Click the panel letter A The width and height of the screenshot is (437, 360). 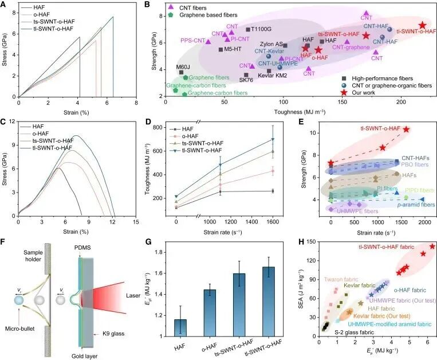point(5,5)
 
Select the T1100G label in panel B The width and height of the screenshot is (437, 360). point(259,29)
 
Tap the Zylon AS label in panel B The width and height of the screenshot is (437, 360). point(271,44)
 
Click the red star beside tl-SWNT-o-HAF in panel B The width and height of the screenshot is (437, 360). point(423,25)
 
